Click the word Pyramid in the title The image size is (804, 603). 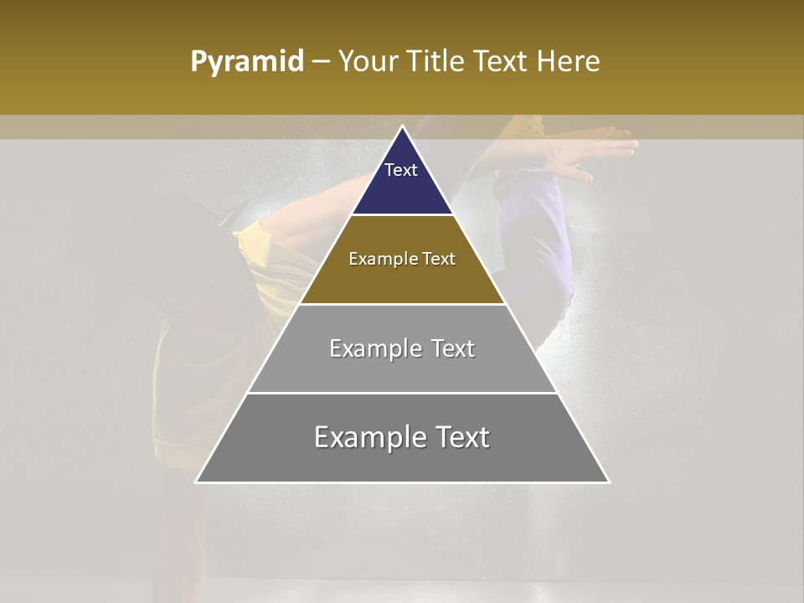[247, 62]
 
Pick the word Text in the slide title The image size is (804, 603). [501, 62]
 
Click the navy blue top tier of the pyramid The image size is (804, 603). [402, 188]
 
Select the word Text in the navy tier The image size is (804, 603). [401, 170]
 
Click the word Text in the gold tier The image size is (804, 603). [439, 259]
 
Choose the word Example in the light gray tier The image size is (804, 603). [374, 348]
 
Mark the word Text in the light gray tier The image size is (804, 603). [453, 348]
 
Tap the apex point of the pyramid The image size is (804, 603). [403, 127]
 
